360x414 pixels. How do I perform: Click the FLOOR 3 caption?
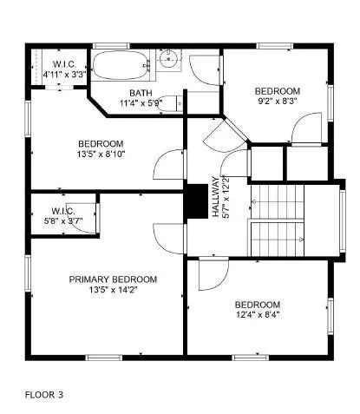point(43,394)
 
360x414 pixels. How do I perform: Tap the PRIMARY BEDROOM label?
point(113,279)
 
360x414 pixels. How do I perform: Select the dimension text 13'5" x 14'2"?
point(113,290)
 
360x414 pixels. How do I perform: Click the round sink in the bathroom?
point(171,60)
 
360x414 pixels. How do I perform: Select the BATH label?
point(141,93)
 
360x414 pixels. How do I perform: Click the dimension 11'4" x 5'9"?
point(141,103)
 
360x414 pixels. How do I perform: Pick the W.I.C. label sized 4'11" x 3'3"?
point(64,64)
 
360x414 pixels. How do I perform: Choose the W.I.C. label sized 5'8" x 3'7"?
point(63,211)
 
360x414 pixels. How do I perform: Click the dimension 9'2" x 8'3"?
point(277,102)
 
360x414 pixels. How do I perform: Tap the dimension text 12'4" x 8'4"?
point(258,315)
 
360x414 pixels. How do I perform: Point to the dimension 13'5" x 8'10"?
point(101,154)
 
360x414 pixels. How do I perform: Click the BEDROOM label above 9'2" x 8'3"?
point(277,91)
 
